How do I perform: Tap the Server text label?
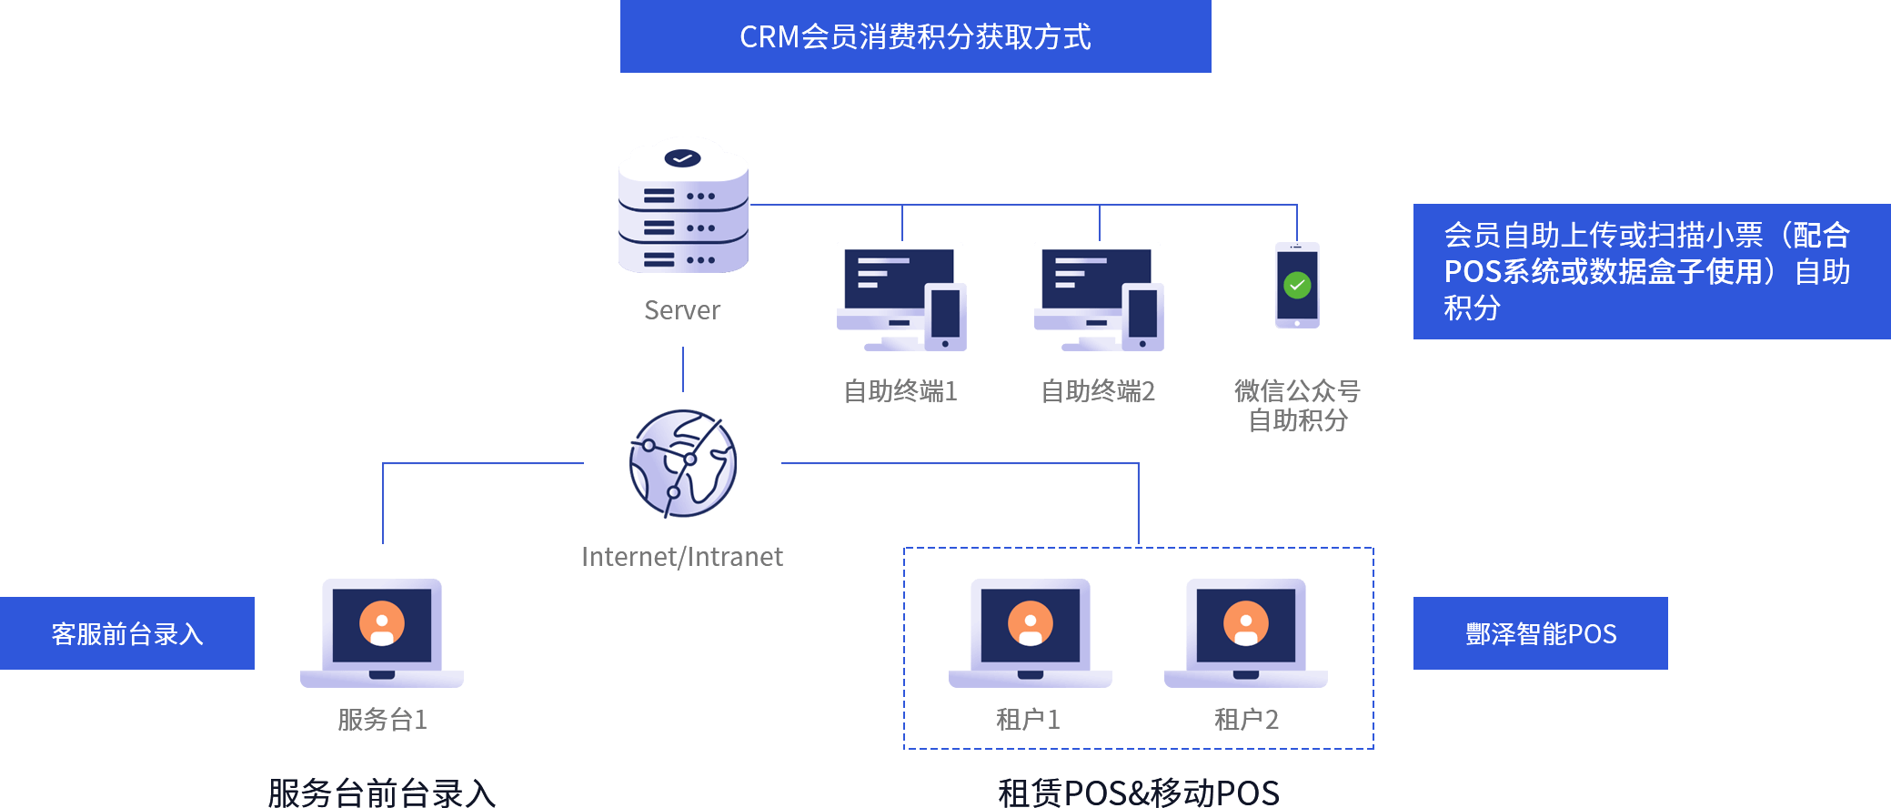coord(682,310)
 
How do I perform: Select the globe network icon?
coord(683,463)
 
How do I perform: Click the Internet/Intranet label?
coord(682,557)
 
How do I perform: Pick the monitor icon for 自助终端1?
coord(900,296)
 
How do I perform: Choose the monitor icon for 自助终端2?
coord(1098,296)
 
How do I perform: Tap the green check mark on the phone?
coord(1297,286)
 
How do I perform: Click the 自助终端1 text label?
coord(900,391)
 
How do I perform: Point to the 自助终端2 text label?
coord(1098,391)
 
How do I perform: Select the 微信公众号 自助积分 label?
coord(1297,406)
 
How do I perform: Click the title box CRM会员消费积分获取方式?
coord(915,36)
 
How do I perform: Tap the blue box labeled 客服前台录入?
coord(127,633)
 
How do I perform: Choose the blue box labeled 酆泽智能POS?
coord(1540,633)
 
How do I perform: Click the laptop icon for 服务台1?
coord(382,633)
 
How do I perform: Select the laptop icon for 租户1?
coord(1030,633)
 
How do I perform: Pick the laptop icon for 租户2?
coord(1245,633)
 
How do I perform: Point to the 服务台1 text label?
coord(382,720)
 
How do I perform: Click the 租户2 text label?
coord(1246,720)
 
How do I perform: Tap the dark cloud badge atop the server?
coord(682,158)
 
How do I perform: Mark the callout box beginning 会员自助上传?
coord(1651,271)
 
